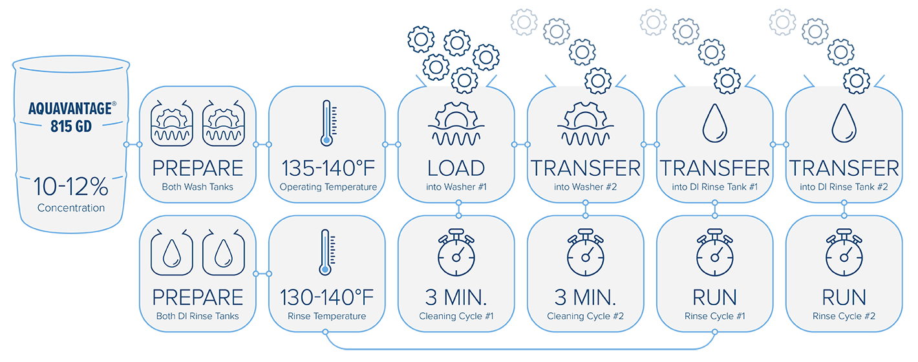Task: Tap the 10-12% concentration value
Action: coord(70,188)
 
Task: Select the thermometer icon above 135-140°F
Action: coord(326,122)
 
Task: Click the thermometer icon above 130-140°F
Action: coord(326,251)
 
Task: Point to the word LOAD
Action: coord(456,169)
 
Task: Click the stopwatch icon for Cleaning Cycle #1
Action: coord(456,252)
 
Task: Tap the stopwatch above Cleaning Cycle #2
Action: coord(585,252)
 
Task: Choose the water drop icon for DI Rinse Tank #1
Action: coord(714,123)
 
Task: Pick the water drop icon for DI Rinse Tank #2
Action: coord(844,123)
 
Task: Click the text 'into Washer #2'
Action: coord(585,187)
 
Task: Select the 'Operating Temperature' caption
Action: coord(328,187)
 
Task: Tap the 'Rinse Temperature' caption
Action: coord(326,316)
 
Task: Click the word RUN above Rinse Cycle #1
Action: coord(714,297)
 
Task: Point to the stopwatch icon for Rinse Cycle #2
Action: coord(844,252)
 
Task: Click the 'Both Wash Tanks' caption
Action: coord(198,187)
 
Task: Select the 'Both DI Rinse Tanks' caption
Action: coord(198,316)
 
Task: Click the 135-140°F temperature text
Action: coord(327,169)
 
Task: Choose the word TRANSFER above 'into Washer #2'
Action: coord(585,169)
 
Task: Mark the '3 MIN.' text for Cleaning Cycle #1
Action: coord(456,297)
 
